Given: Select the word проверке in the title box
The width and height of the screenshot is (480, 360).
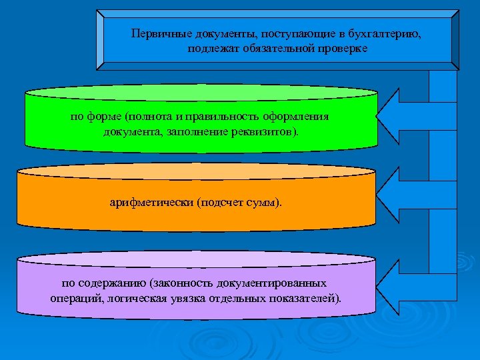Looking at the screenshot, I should (x=345, y=49).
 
